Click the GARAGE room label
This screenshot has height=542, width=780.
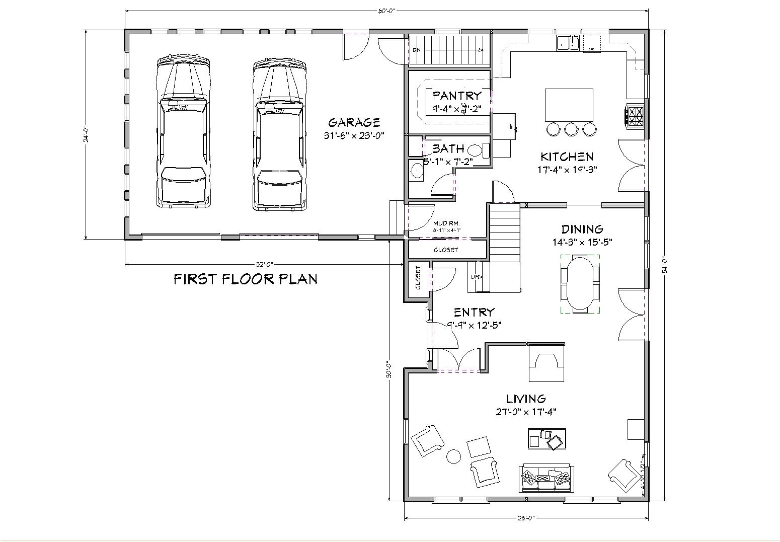[x=354, y=122]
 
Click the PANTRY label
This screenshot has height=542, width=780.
[x=457, y=95]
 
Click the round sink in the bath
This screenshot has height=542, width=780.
[x=417, y=171]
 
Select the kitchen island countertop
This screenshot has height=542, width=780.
[x=569, y=104]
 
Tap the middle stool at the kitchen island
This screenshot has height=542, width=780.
[x=571, y=129]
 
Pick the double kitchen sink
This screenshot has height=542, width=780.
[x=568, y=44]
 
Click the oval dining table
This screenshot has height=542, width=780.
[x=580, y=284]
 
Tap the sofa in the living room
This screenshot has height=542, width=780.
[x=545, y=478]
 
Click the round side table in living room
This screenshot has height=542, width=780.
[x=454, y=456]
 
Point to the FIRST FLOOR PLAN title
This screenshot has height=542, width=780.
[x=246, y=279]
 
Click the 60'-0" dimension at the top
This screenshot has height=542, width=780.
[x=386, y=10]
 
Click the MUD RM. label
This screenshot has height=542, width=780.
[x=446, y=223]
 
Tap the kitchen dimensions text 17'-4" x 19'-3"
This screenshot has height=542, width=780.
[x=567, y=170]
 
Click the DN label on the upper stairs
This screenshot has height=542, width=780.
[x=416, y=50]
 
